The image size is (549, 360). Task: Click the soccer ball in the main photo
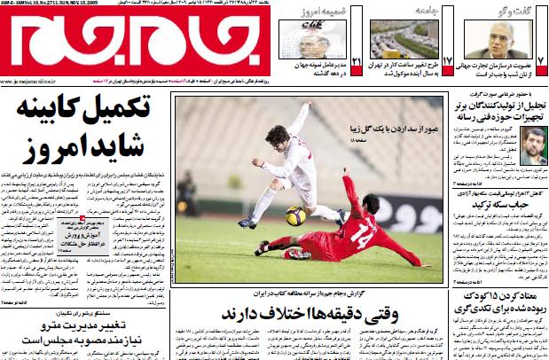coord(295,215)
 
